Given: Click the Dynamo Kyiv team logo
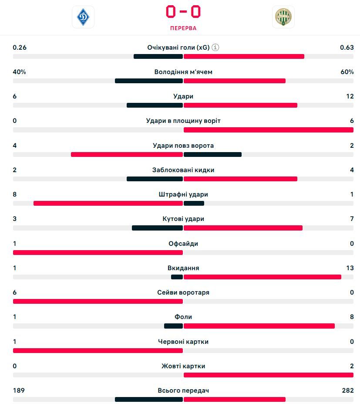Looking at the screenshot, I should click(x=83, y=17).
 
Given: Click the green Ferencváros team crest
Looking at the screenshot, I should click(x=283, y=17).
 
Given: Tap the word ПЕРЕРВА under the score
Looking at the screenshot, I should click(x=183, y=28).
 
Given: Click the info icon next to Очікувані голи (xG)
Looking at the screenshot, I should click(x=215, y=48).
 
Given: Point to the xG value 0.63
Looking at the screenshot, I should click(x=347, y=48).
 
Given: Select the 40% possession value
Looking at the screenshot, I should click(x=20, y=72).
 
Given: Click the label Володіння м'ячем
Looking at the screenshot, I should click(x=183, y=72).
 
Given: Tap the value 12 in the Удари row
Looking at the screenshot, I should click(x=350, y=96).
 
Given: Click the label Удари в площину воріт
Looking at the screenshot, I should click(x=183, y=121).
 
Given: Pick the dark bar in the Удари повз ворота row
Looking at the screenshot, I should click(x=212, y=154).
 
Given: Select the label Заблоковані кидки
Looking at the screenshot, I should click(x=183, y=170).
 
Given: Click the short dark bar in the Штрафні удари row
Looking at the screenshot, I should click(x=194, y=203).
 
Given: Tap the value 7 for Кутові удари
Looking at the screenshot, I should click(x=352, y=219).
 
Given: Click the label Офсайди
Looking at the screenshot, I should click(x=183, y=244).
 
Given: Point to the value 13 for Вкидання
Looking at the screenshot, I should click(x=350, y=268).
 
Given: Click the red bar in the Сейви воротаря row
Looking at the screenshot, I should click(x=98, y=301).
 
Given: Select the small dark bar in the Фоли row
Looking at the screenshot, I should click(x=173, y=326).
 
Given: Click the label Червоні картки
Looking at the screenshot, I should click(x=183, y=342).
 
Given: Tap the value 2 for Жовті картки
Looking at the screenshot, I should click(x=352, y=366).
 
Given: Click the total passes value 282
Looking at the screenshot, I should click(x=348, y=390).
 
